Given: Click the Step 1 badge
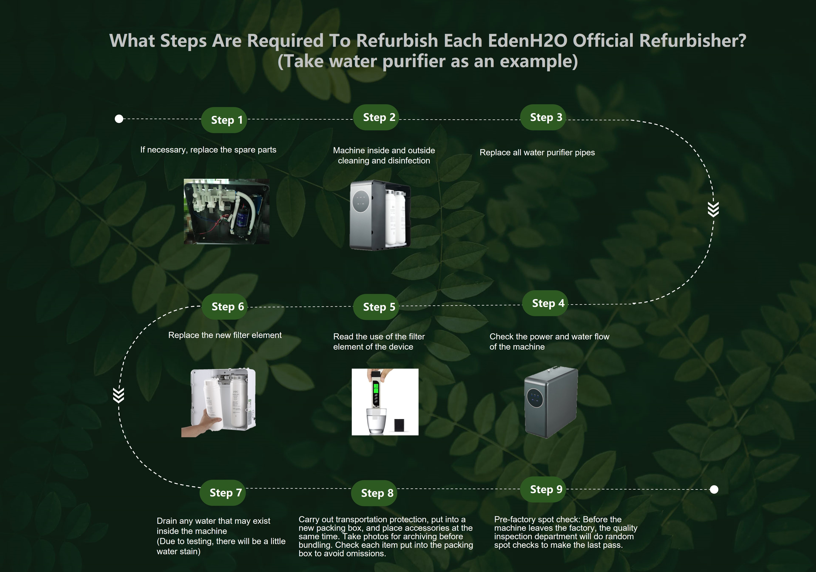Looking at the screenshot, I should [x=224, y=120].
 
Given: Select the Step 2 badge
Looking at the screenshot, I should [x=376, y=117].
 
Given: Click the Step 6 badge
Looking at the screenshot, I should [x=225, y=306].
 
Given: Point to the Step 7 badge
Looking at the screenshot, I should [x=222, y=493].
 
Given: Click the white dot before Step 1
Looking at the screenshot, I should [x=119, y=119].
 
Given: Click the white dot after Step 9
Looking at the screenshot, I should [x=714, y=490].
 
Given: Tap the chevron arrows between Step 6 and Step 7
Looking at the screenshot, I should [x=119, y=395].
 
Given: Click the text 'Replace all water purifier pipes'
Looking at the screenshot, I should [x=537, y=152].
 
